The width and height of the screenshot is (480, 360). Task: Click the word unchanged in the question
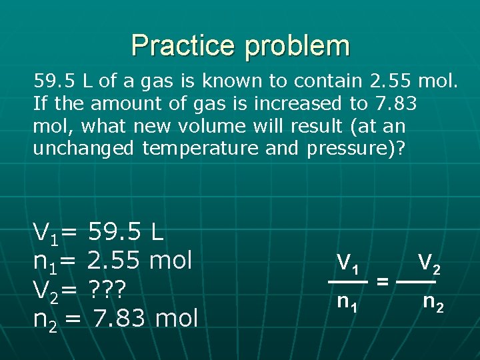pos(83,148)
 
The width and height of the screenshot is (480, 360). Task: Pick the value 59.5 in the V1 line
pos(113,233)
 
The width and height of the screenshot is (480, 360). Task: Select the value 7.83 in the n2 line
pos(119,318)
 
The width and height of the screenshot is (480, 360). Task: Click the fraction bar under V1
pos(348,282)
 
